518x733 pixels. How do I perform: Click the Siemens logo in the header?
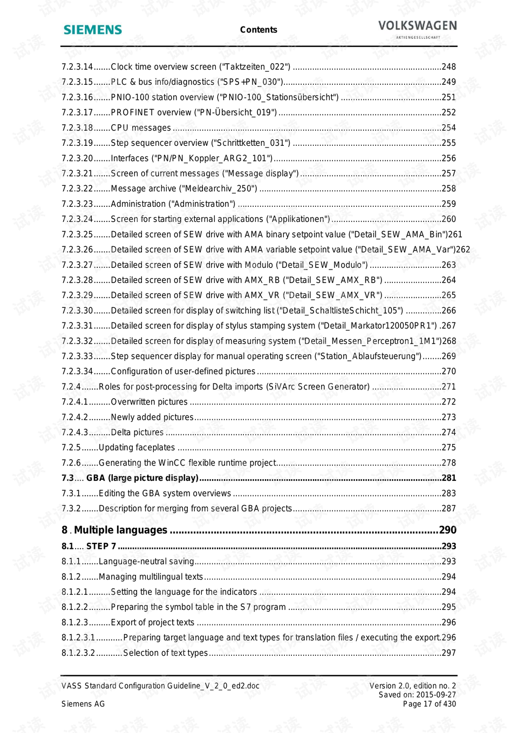coord(93,30)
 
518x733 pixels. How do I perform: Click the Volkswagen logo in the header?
coord(417,27)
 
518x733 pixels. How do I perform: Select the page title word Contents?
coord(258,30)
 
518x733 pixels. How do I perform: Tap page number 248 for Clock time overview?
coord(448,67)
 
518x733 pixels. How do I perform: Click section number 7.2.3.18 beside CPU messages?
coord(77,128)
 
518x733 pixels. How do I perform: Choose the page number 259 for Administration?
coord(448,204)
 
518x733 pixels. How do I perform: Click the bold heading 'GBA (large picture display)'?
coord(142,478)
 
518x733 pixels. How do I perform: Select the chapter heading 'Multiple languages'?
coord(120,530)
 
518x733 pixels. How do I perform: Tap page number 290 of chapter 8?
coord(447,530)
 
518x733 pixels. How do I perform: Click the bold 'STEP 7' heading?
coord(101,546)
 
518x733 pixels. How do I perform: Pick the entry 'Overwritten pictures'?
coord(149,402)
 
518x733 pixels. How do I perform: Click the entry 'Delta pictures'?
coord(137,432)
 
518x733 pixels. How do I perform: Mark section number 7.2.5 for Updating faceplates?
coord(71,448)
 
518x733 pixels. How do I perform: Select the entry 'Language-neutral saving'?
coord(146,561)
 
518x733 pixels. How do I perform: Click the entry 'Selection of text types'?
coord(165,653)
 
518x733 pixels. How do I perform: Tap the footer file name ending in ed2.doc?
coord(160,686)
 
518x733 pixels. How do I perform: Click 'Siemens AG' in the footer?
coord(83,704)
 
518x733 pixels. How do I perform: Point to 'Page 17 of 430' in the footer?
coord(429,704)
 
